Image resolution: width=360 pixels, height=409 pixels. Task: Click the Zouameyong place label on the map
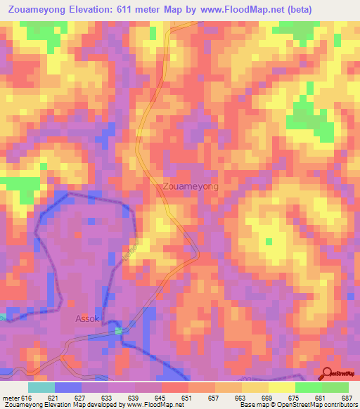point(190,187)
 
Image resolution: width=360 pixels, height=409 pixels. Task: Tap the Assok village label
point(89,318)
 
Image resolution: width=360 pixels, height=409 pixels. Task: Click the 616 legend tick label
point(27,398)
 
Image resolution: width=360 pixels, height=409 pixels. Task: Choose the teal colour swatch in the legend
point(41,387)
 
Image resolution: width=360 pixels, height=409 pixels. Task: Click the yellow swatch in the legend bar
point(281,387)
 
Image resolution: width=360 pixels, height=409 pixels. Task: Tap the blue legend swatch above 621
point(68,387)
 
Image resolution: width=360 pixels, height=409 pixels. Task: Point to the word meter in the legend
point(12,398)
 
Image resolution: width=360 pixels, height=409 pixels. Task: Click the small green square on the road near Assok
point(119,330)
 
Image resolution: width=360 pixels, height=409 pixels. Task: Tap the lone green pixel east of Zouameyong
point(268,242)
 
